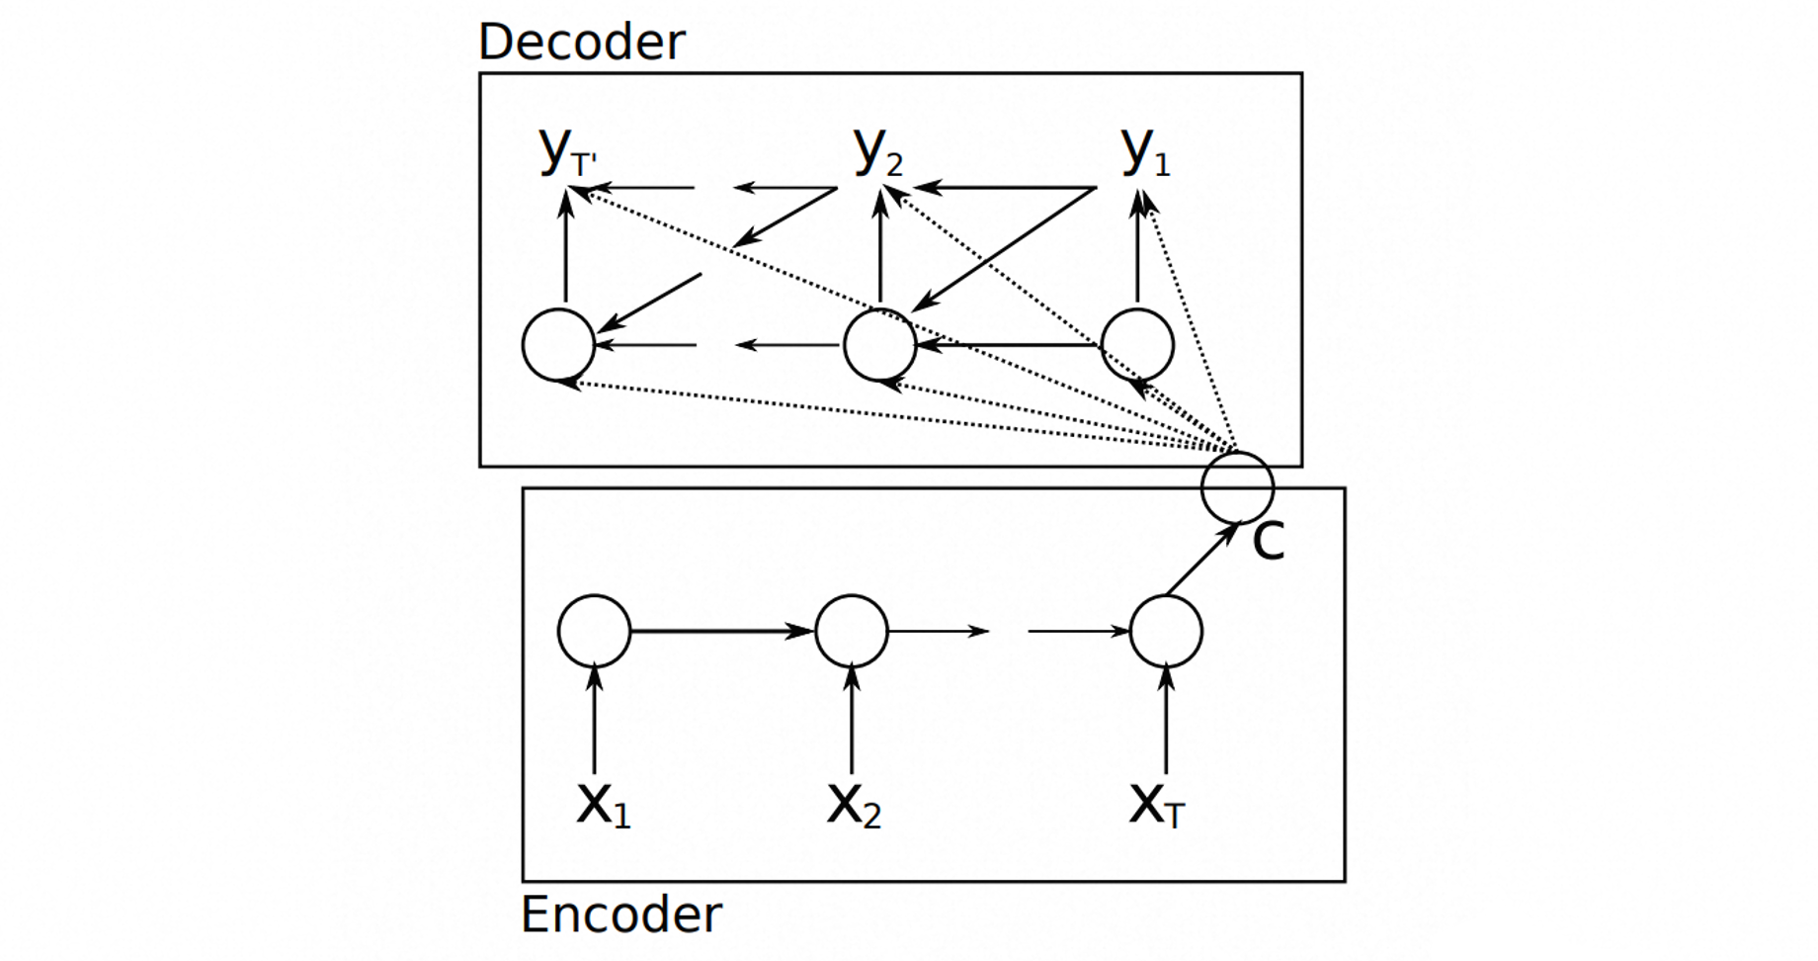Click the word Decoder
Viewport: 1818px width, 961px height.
pyautogui.click(x=581, y=43)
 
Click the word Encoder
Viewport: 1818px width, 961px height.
pyautogui.click(x=621, y=915)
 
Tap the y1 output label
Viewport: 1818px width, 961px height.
pyautogui.click(x=1146, y=152)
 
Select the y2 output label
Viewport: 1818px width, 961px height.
pyautogui.click(x=878, y=152)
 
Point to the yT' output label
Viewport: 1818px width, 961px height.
pyautogui.click(x=568, y=152)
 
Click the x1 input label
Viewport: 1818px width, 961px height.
pyautogui.click(x=604, y=805)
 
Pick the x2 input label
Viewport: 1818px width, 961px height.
pyautogui.click(x=854, y=805)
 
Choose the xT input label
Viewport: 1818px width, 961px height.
pyautogui.click(x=1157, y=805)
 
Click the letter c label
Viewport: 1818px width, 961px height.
pyautogui.click(x=1269, y=541)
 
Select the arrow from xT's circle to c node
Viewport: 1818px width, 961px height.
pyautogui.click(x=1202, y=560)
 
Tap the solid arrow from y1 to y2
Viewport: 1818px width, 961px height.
pyautogui.click(x=1005, y=187)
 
